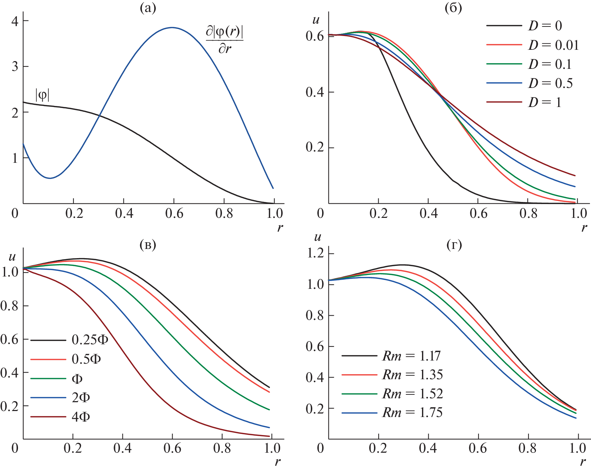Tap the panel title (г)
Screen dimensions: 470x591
pyautogui.click(x=454, y=245)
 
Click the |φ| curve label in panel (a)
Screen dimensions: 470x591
pyautogui.click(x=42, y=95)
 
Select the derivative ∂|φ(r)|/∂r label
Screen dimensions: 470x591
pyautogui.click(x=225, y=40)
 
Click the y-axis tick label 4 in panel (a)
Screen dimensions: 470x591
pyautogui.click(x=15, y=21)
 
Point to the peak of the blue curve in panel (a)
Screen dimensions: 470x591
pyautogui.click(x=172, y=28)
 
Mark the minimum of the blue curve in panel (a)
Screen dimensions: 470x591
pyautogui.click(x=50, y=178)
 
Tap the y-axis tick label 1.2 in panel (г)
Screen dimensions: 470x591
pyautogui.click(x=315, y=253)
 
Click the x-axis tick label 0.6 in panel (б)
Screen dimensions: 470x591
pyautogui.click(x=478, y=213)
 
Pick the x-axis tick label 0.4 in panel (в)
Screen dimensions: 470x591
pyautogui.click(x=122, y=448)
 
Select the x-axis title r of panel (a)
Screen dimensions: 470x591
pyautogui.click(x=280, y=227)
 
